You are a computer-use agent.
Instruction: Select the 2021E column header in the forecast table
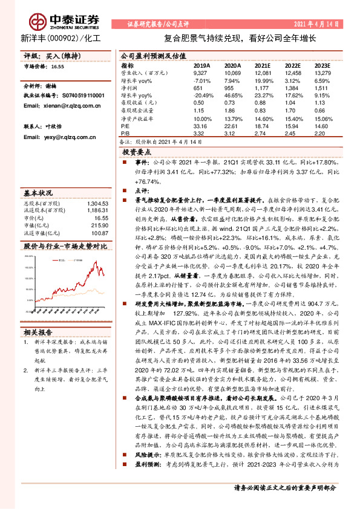click(262, 65)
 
